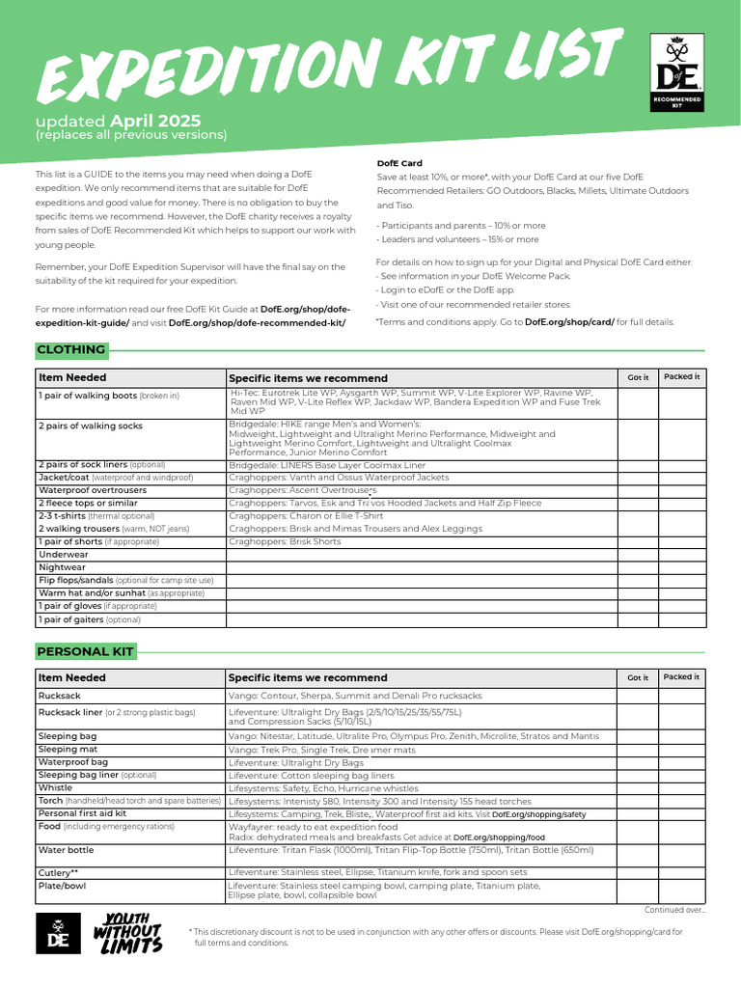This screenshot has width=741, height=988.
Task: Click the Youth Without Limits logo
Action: (127, 933)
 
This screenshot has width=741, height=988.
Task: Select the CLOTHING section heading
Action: (70, 350)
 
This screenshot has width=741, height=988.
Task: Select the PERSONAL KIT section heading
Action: (85, 652)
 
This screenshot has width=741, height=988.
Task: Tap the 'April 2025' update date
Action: (155, 121)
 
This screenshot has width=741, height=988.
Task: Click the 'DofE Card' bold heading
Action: (398, 163)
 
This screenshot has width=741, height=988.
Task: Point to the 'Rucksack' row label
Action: (60, 696)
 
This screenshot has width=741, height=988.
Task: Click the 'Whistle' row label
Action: (55, 787)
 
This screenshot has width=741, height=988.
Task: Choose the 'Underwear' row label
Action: (62, 555)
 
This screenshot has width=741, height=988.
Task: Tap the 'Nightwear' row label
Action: (61, 567)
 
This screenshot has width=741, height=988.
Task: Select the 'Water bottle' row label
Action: (66, 850)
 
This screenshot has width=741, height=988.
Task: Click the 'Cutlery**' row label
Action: (58, 872)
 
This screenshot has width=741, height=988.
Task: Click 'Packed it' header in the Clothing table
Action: (682, 376)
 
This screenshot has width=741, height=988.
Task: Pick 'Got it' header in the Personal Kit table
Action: (638, 677)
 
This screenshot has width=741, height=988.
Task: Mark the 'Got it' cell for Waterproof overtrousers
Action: (638, 490)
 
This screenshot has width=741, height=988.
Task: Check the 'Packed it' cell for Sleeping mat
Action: (682, 749)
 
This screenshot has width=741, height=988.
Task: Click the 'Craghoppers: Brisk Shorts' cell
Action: (285, 541)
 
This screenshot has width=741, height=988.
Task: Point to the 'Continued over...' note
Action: (674, 910)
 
